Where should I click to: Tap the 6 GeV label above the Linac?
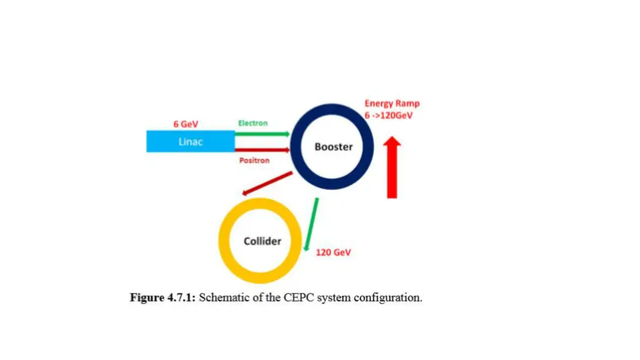tap(186, 124)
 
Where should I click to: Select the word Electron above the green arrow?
tap(252, 123)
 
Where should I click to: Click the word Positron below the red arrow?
tap(254, 161)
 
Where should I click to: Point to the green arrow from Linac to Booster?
tap(262, 134)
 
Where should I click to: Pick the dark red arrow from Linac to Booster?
tap(262, 150)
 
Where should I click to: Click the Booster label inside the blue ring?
tap(333, 147)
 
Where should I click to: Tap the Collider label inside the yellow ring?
tap(262, 241)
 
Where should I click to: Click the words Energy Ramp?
tap(392, 104)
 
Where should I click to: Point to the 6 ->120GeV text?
tap(389, 116)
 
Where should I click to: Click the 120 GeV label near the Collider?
tap(333, 252)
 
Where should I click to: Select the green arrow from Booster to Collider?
tap(311, 224)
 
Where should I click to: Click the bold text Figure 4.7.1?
tap(162, 297)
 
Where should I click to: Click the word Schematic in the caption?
tap(222, 297)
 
